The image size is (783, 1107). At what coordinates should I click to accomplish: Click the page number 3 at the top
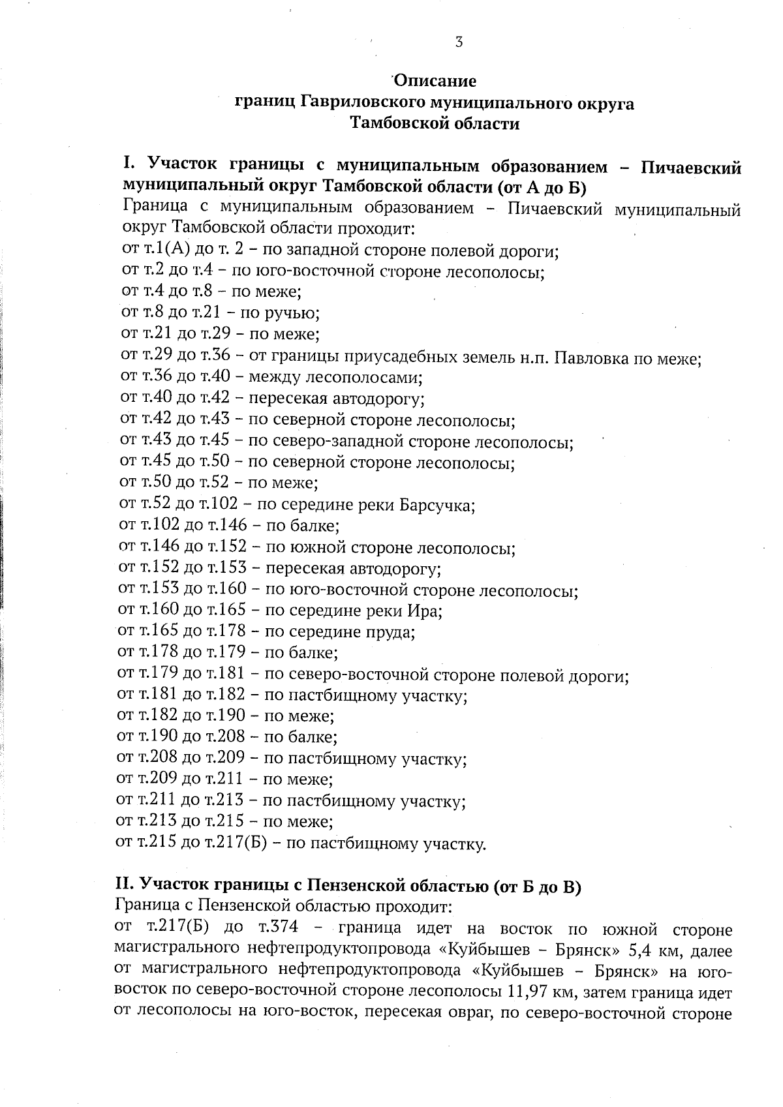458,42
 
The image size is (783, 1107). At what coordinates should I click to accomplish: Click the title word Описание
435,82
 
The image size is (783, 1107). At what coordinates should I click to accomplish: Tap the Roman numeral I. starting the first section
129,164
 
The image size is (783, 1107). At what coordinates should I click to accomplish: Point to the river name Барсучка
435,506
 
